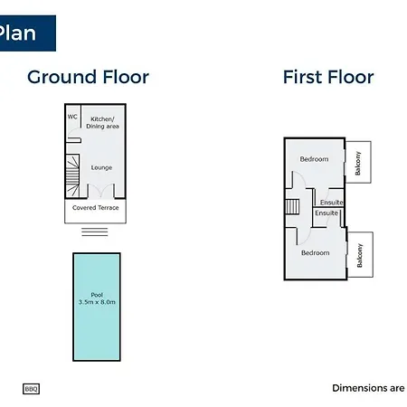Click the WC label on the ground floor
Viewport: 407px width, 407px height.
click(72, 117)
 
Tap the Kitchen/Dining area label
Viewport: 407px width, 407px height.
click(102, 123)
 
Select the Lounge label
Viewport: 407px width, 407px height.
click(101, 167)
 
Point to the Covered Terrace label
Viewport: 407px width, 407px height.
click(96, 208)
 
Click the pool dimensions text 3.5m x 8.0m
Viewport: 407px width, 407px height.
click(97, 302)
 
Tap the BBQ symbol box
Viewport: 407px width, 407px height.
click(31, 389)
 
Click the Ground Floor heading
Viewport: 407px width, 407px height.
click(88, 77)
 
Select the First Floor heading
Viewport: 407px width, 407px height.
click(328, 77)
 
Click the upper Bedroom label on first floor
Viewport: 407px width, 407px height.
click(314, 159)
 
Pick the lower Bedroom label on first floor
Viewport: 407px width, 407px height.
click(316, 253)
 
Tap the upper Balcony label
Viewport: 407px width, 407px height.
click(358, 163)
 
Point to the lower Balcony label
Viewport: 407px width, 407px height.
click(360, 255)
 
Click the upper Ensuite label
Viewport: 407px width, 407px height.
click(332, 203)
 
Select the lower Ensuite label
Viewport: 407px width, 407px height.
click(327, 213)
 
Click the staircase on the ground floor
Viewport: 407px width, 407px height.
click(72, 176)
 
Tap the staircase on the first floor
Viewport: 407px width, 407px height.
click(292, 206)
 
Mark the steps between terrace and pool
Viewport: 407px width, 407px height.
click(95, 232)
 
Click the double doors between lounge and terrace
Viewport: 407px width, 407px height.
click(101, 191)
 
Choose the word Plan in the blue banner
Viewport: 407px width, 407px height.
click(17, 33)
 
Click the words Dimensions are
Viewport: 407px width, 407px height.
click(368, 388)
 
